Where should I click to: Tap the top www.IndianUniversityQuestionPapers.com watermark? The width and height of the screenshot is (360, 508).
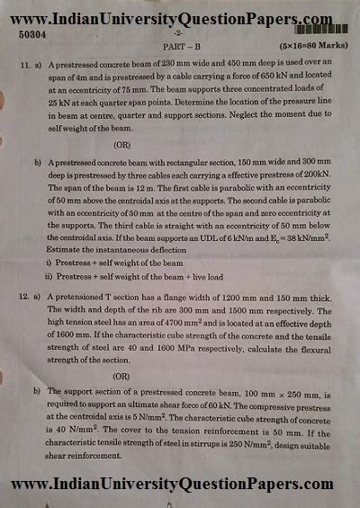point(180,15)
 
